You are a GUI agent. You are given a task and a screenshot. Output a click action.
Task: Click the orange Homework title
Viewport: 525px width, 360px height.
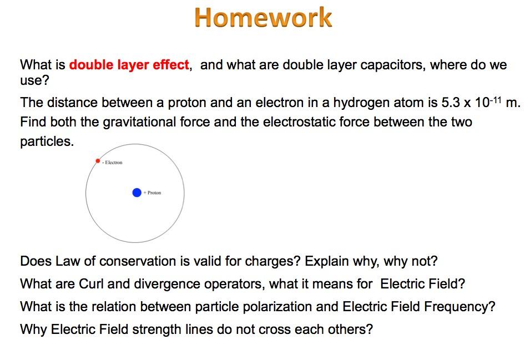point(263,18)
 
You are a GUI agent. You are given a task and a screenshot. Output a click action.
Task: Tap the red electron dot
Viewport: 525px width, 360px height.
point(98,161)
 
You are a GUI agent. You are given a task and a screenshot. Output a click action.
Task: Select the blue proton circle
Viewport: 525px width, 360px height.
point(137,192)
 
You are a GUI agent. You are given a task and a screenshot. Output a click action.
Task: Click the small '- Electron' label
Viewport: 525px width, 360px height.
point(112,163)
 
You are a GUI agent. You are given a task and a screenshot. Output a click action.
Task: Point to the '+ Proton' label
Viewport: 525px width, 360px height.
point(153,193)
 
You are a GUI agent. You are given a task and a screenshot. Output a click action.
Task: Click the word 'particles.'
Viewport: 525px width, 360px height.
point(47,141)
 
